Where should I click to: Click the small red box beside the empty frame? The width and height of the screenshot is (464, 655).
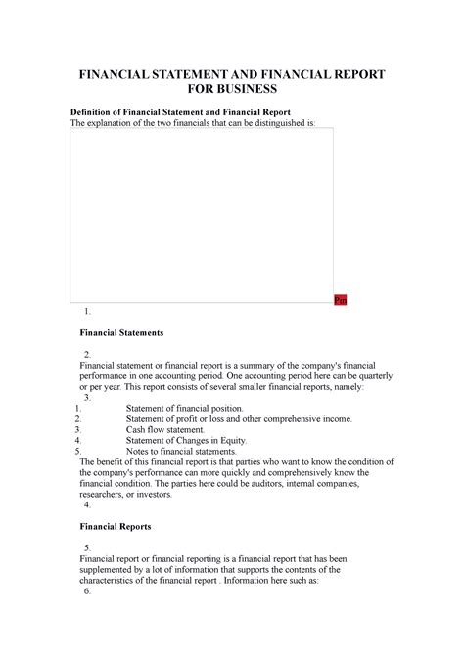pos(340,300)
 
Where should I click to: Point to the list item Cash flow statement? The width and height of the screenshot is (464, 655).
pos(166,429)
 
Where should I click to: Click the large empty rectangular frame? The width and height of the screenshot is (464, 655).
pos(201,214)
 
